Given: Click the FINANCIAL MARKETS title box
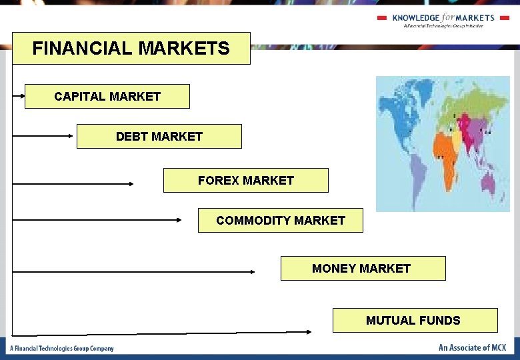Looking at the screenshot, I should (131, 49).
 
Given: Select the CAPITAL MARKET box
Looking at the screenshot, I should (107, 97).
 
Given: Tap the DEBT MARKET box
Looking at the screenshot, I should (159, 137).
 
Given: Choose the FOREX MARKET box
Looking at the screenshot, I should (246, 181).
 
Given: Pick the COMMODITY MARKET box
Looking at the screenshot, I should (281, 221).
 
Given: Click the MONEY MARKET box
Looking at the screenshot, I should (363, 269).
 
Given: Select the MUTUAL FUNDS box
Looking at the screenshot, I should (415, 321).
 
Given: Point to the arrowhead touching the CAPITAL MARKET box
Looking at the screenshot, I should (22, 96).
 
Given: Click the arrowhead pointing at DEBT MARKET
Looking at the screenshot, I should (73, 136).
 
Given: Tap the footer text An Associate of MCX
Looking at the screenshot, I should (472, 347).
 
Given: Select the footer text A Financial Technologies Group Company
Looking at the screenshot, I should (62, 348).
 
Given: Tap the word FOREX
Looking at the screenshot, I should (219, 181).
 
